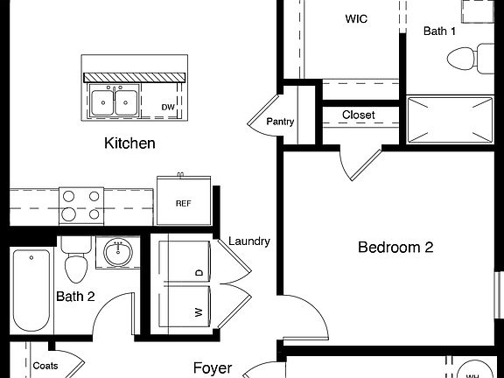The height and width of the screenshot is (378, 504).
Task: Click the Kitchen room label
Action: (129, 143)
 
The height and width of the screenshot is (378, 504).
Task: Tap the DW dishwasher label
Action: (168, 108)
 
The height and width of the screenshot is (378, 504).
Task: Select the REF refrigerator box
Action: (183, 203)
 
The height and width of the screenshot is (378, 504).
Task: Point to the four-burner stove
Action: (80, 206)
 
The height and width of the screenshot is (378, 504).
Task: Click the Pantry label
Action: (280, 122)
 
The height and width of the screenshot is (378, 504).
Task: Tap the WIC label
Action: (356, 17)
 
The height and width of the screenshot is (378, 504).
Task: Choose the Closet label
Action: (359, 115)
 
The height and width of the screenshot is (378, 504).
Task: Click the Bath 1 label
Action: (440, 31)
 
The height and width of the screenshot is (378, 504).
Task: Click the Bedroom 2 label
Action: (395, 248)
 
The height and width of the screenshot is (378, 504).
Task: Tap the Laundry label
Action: (249, 241)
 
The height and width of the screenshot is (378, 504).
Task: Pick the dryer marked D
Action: (185, 272)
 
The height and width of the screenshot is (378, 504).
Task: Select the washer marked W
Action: (185, 311)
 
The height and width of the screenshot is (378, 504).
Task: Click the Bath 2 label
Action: (75, 297)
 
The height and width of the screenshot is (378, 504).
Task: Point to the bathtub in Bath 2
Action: (31, 288)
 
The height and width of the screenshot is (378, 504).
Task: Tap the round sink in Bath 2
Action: (118, 254)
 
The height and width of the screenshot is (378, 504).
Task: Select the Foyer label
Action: (213, 368)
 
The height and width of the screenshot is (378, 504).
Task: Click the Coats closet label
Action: (45, 367)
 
